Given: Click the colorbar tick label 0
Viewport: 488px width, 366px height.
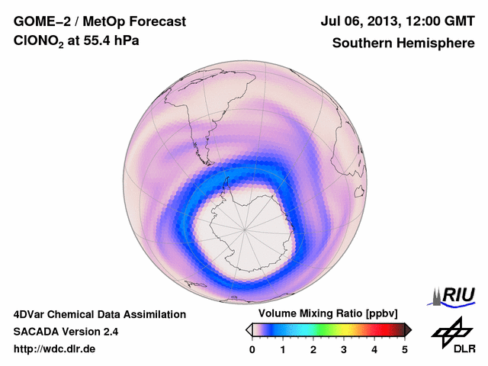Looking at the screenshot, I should coord(252,349).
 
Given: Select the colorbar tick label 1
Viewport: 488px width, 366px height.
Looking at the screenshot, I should coord(283,349).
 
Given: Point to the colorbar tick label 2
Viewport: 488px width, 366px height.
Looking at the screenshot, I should coord(313,349).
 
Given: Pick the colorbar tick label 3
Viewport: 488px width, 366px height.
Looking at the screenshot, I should coord(344,349).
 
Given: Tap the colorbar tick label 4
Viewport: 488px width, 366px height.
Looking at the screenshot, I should coord(374,349).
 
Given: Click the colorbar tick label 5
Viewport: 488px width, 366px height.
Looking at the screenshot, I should coord(405,349).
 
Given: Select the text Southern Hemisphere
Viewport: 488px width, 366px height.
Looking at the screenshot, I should coord(403,43).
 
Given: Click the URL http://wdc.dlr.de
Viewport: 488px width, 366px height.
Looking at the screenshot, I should coord(55,349).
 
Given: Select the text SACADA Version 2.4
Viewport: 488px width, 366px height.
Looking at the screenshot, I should coord(66,332).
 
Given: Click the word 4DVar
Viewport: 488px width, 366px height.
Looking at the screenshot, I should coord(30,314).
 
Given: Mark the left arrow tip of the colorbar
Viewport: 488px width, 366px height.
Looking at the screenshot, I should coord(248,329).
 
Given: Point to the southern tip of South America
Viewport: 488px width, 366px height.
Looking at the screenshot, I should coord(207,162).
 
